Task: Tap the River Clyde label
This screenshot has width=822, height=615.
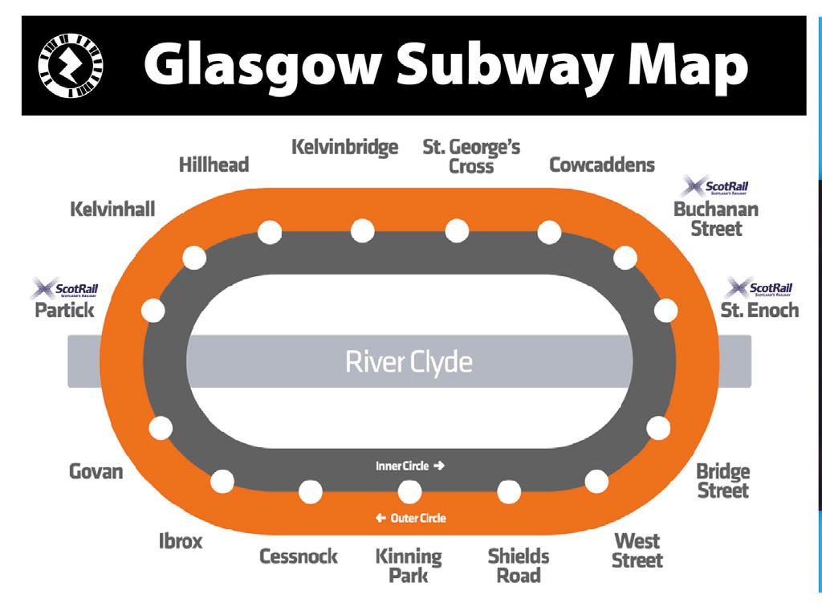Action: [409, 361]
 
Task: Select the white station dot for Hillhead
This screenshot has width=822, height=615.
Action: [270, 232]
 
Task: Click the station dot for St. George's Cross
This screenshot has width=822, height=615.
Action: [457, 230]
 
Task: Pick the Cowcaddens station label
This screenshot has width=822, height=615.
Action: [601, 165]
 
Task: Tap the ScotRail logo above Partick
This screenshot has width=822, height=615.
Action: [63, 288]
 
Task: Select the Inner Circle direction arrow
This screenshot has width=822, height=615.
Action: [438, 466]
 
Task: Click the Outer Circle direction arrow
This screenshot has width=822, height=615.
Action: [380, 518]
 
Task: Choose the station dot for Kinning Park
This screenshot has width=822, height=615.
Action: [409, 491]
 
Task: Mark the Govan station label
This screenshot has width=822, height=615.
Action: [96, 470]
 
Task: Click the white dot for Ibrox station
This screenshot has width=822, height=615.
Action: [221, 482]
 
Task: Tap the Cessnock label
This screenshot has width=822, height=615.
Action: [298, 556]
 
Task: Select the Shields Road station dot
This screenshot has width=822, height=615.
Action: [509, 491]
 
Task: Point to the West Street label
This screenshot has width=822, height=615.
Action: [637, 550]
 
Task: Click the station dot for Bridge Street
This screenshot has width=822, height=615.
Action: [658, 428]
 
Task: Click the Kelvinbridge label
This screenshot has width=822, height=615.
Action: [344, 148]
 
